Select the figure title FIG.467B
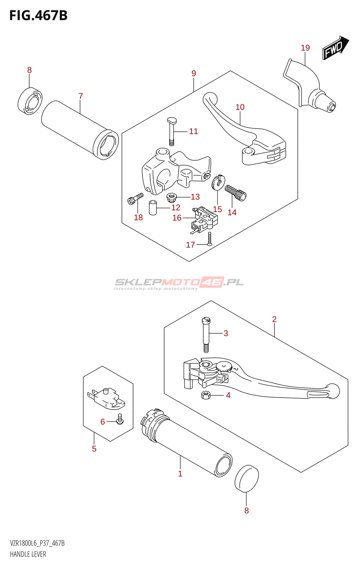coord(38,16)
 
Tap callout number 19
coord(305,48)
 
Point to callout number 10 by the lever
coord(240,107)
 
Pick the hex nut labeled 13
coord(172,197)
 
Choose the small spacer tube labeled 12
coord(153,208)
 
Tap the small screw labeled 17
coord(210,239)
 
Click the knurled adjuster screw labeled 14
coord(236,192)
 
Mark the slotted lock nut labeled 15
coord(217,182)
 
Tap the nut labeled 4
coord(206,395)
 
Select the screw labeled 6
coord(120,419)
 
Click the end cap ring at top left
coord(30,101)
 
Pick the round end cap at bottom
coord(247,478)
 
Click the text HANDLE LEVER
coord(28,554)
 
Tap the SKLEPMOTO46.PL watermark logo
coord(179,283)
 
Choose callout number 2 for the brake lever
coord(274,319)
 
